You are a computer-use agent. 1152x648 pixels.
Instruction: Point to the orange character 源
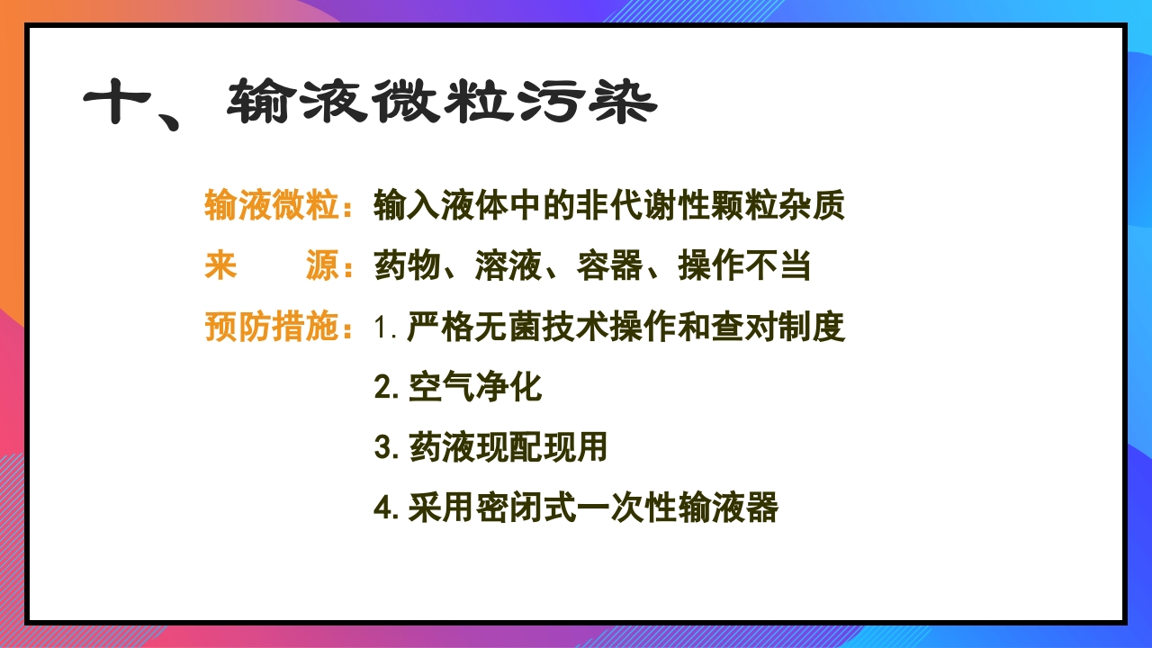(x=322, y=266)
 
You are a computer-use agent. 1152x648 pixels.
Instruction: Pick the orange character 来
(x=221, y=266)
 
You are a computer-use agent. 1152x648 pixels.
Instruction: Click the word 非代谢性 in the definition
(x=609, y=206)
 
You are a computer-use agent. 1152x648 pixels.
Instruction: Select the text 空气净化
(x=474, y=387)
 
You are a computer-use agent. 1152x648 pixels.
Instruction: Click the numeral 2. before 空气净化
(x=386, y=388)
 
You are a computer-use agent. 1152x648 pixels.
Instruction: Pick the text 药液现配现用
(x=508, y=447)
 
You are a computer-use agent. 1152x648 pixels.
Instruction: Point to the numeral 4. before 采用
(x=386, y=508)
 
